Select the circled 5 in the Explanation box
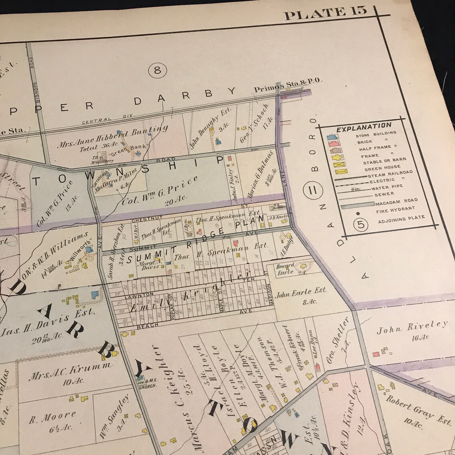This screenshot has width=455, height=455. (361, 225)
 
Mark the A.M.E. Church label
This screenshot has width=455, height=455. (147, 381)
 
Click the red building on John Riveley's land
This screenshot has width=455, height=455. (376, 354)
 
